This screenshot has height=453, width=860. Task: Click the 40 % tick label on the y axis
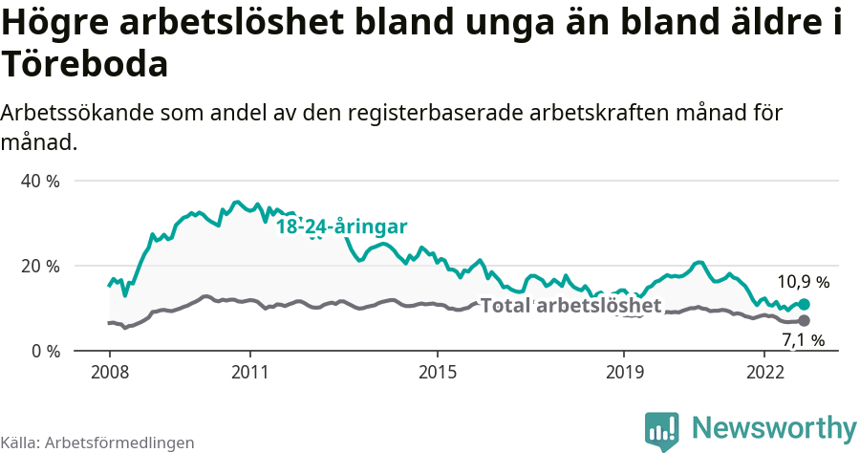click(x=40, y=181)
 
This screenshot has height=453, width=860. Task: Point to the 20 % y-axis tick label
click(x=40, y=266)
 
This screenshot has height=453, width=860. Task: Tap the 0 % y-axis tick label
click(x=45, y=351)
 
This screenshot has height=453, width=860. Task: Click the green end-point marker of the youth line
click(x=804, y=304)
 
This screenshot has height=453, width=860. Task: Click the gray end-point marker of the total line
click(x=804, y=320)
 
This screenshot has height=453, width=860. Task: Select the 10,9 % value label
click(x=803, y=282)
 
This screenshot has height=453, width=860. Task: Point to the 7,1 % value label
click(x=803, y=340)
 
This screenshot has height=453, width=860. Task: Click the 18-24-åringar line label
click(x=342, y=226)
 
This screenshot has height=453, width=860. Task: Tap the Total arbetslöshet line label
click(x=570, y=306)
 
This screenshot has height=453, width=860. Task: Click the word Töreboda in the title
click(x=85, y=64)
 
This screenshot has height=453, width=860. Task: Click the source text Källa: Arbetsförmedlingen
click(x=97, y=442)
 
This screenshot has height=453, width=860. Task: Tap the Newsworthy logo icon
click(x=662, y=431)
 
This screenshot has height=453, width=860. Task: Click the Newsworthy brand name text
click(x=774, y=428)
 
